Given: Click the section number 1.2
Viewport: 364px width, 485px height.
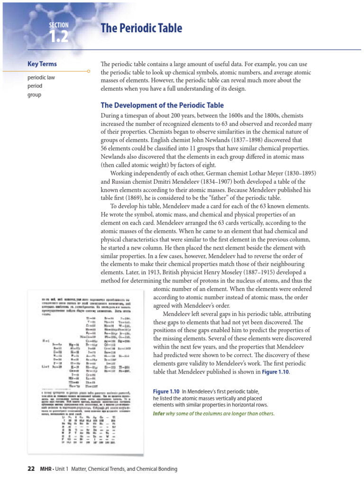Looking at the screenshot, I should pyautogui.click(x=58, y=36).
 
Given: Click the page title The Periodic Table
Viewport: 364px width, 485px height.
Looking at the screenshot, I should pyautogui.click(x=141, y=28).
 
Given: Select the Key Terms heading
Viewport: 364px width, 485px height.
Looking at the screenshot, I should pyautogui.click(x=43, y=64).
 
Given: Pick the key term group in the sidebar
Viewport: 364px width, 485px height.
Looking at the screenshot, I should pyautogui.click(x=35, y=94).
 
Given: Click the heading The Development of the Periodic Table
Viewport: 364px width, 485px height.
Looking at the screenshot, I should pyautogui.click(x=162, y=105).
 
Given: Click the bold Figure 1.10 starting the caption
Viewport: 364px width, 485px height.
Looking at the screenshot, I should pyautogui.click(x=166, y=392).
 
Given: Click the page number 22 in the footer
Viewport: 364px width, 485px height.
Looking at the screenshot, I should pyautogui.click(x=31, y=469).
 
